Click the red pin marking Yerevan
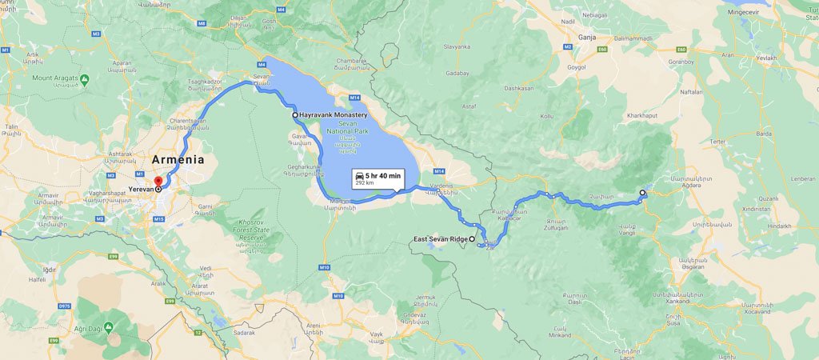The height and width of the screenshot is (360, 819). pos(158,182)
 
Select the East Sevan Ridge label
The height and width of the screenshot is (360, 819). pos(439,239)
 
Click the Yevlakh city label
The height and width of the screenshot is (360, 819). pos(767,58)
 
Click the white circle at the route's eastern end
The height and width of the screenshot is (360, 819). pos(642,193)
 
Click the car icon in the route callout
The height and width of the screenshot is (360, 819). pos(360,175)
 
